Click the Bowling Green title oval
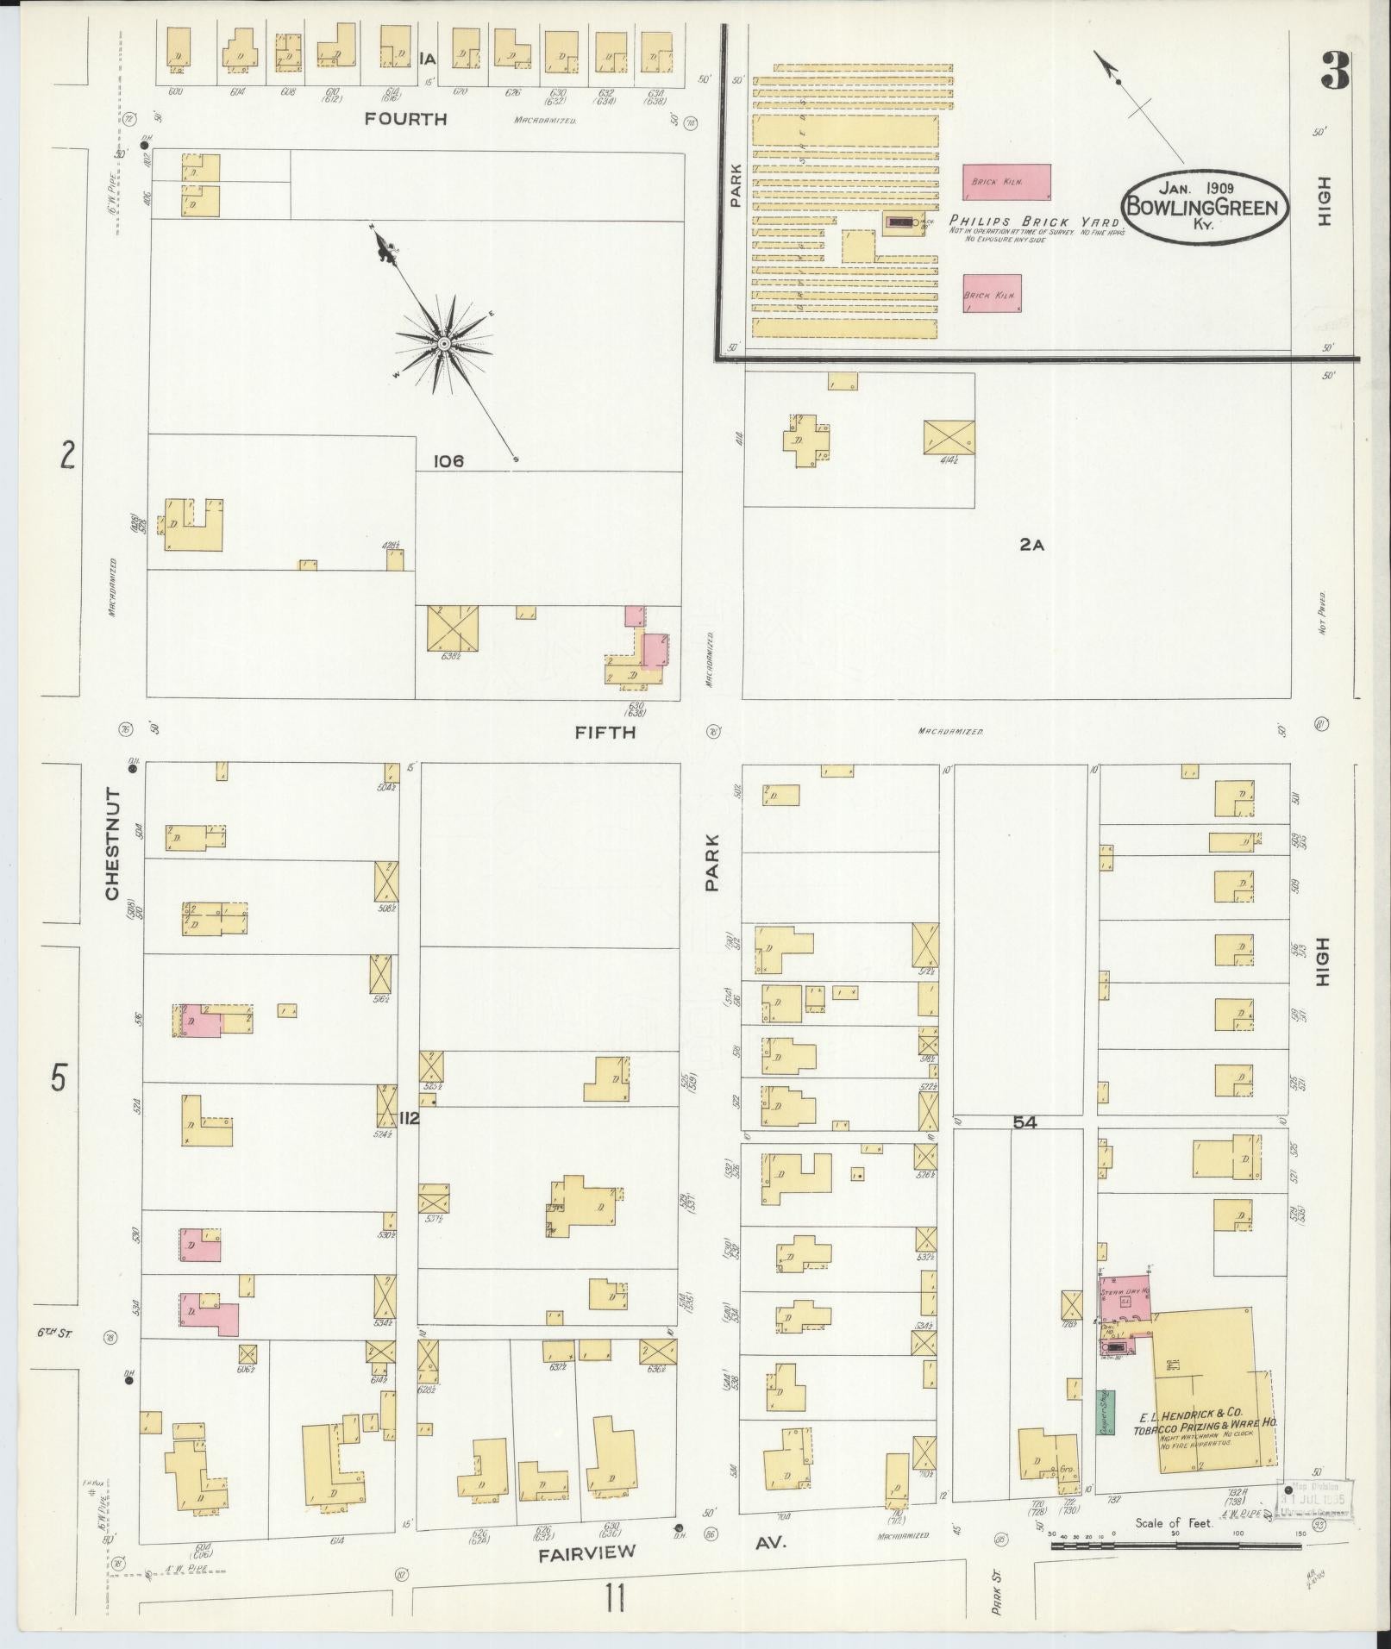tap(1205, 207)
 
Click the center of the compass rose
tap(443, 344)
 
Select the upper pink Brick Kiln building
tap(1006, 181)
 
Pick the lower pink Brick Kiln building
tap(992, 293)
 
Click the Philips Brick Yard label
tap(1034, 221)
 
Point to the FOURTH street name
tap(405, 119)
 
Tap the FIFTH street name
tap(605, 732)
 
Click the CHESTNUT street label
tap(112, 843)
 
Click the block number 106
tap(448, 461)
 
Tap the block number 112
tap(409, 1119)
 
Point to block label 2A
tap(1031, 545)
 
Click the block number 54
tap(1024, 1122)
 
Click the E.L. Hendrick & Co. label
tap(1190, 1414)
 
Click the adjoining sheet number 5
tap(57, 1077)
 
